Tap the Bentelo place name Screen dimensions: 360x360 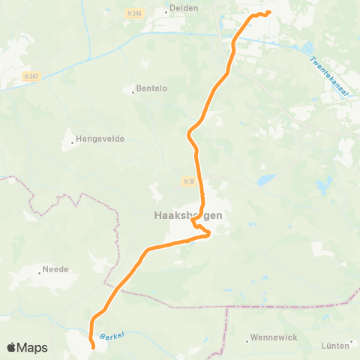point(150,89)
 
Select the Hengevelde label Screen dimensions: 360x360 point(100,139)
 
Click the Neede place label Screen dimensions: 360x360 point(55,268)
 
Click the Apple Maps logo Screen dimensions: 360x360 point(27,347)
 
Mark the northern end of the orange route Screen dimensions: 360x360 point(268,12)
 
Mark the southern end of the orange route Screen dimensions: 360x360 point(93,347)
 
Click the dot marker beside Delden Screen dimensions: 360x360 point(166,12)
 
